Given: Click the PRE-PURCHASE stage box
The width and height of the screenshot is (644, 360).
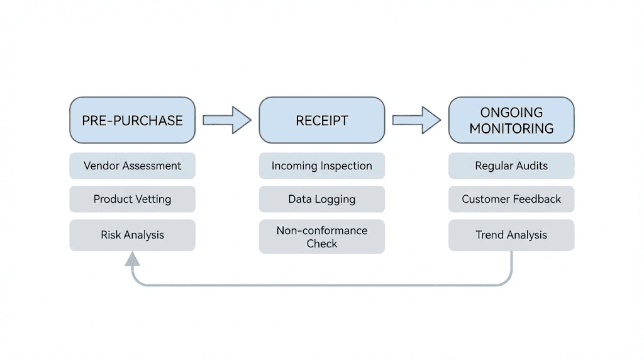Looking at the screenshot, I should pyautogui.click(x=132, y=120).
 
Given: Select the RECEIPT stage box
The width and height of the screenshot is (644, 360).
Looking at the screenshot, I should pyautogui.click(x=321, y=120).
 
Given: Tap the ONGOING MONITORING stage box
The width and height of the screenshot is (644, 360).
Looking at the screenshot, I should pyautogui.click(x=511, y=120).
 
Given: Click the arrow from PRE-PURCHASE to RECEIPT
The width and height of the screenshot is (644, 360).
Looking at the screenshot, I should pyautogui.click(x=226, y=120).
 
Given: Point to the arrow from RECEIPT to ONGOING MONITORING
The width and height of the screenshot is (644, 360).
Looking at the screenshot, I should pyautogui.click(x=416, y=120).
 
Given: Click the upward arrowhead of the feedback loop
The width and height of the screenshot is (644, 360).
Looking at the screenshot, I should pyautogui.click(x=132, y=259).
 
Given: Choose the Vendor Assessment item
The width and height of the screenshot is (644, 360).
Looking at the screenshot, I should pyautogui.click(x=132, y=166).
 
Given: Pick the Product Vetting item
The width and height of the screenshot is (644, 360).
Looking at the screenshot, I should pyautogui.click(x=132, y=199).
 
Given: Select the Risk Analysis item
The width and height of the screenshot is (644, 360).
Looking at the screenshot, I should pyautogui.click(x=132, y=235).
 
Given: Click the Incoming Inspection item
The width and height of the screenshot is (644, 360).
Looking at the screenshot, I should pyautogui.click(x=321, y=166).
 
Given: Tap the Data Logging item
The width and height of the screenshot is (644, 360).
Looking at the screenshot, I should pyautogui.click(x=321, y=199).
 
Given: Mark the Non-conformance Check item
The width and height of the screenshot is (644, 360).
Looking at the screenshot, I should pyautogui.click(x=321, y=237).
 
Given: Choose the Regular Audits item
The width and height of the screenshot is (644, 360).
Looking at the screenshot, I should pyautogui.click(x=511, y=166).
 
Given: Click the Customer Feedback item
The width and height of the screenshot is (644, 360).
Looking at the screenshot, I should pyautogui.click(x=511, y=199).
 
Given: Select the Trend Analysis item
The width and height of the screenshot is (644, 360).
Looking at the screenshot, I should pyautogui.click(x=511, y=235).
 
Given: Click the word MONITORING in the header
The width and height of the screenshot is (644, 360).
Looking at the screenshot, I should pyautogui.click(x=511, y=128).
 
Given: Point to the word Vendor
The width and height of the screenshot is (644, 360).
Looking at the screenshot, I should pyautogui.click(x=102, y=166).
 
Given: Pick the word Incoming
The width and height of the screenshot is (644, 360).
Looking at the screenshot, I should pyautogui.click(x=295, y=166).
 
